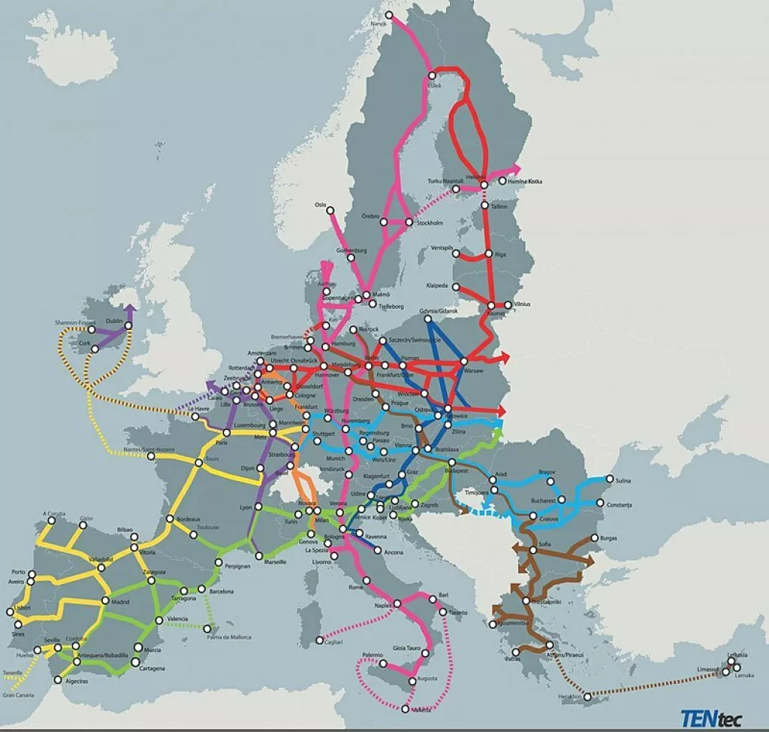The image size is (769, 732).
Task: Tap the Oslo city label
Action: pyautogui.click(x=321, y=204)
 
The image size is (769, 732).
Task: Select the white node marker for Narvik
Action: pyautogui.click(x=388, y=15)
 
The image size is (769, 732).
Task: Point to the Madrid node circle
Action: pyautogui.click(x=104, y=601)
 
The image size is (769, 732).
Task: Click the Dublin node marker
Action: pyautogui.click(x=128, y=326)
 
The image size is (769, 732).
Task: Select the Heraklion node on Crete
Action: pyautogui.click(x=587, y=697)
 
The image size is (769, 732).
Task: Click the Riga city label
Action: pyautogui.click(x=500, y=255)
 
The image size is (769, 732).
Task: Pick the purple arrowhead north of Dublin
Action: pyautogui.click(x=130, y=308)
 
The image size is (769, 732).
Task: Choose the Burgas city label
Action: pyautogui.click(x=609, y=538)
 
